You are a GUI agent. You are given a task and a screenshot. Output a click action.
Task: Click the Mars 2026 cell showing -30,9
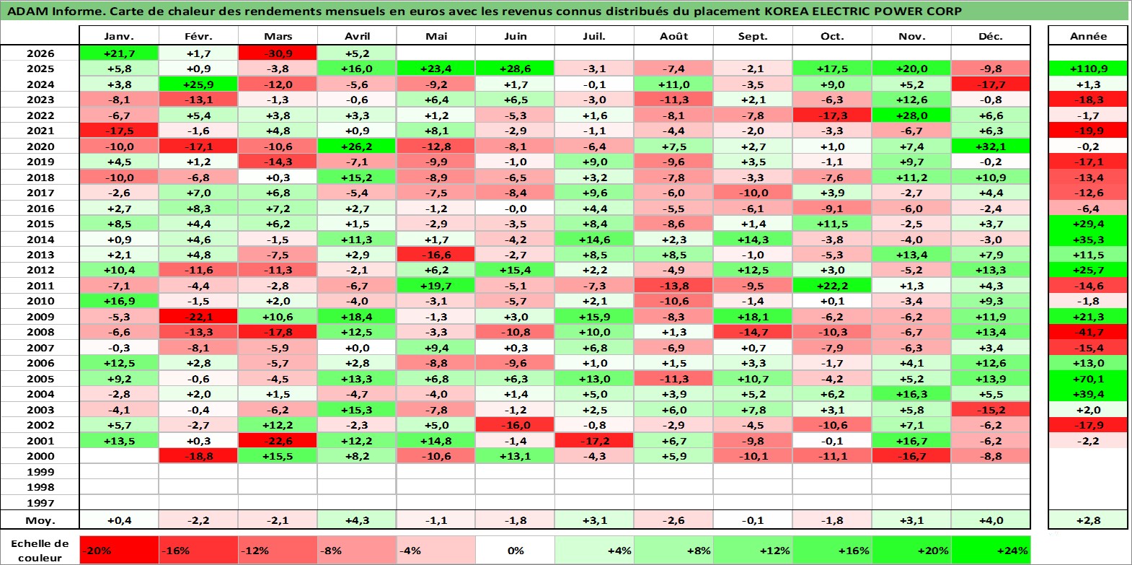278,53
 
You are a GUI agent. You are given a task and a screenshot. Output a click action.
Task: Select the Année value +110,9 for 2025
1088,69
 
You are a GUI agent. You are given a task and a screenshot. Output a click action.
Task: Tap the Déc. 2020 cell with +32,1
991,146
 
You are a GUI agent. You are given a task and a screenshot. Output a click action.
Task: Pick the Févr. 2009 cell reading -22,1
198,317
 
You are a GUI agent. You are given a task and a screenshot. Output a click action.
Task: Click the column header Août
673,36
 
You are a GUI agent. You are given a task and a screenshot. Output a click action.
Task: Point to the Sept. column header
753,36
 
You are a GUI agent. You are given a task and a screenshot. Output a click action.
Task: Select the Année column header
1088,36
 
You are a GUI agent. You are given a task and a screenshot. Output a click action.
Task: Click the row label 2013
40,255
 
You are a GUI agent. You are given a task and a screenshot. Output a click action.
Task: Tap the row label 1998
40,487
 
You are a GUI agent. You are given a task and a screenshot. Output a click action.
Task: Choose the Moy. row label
40,520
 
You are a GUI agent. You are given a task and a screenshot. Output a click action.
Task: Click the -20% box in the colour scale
119,551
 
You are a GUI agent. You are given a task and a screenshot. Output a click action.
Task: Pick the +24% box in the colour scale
991,551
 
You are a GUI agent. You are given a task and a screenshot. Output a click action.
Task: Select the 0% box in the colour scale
515,551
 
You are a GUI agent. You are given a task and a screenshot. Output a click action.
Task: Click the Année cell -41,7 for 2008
1088,333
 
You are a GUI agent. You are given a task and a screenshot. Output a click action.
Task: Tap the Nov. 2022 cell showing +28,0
911,115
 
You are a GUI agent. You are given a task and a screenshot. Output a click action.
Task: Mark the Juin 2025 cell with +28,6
515,69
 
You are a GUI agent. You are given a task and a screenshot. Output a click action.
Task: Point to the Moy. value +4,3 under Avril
357,520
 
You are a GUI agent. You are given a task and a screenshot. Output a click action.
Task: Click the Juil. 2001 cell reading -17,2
594,441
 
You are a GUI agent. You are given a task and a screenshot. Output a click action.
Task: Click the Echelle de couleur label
40,551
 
